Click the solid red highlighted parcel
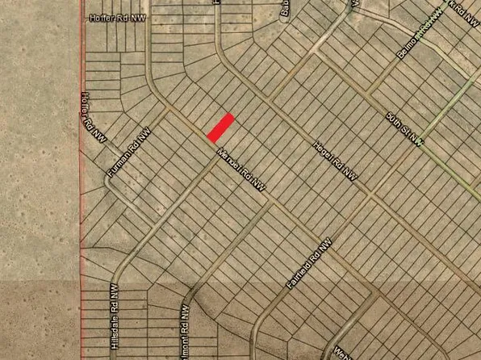[x=221, y=126]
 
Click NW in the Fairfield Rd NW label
[x=325, y=245]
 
